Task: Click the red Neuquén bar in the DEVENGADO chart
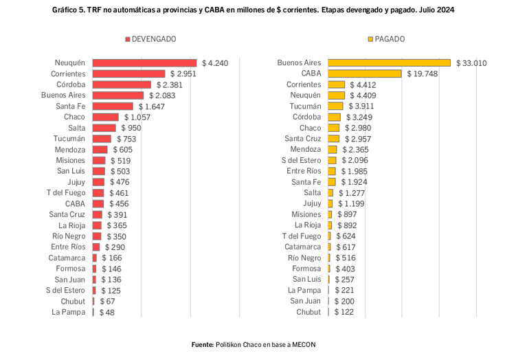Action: pyautogui.click(x=144, y=63)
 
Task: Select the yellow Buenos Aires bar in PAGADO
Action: pyautogui.click(x=389, y=63)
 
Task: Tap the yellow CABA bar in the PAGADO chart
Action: pyautogui.click(x=364, y=74)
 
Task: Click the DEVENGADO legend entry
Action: pyautogui.click(x=150, y=38)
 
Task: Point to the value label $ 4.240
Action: pyautogui.click(x=214, y=63)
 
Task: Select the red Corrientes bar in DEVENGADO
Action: pyautogui.click(x=128, y=74)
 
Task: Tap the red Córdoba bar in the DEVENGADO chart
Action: pyautogui.click(x=122, y=85)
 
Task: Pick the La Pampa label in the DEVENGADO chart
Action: pyautogui.click(x=68, y=312)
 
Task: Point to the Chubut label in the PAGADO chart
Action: pyautogui.click(x=308, y=312)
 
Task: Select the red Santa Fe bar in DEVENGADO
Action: pyautogui.click(x=113, y=106)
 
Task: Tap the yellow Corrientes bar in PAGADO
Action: pyautogui.click(x=336, y=85)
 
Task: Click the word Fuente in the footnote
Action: pyautogui.click(x=203, y=344)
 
